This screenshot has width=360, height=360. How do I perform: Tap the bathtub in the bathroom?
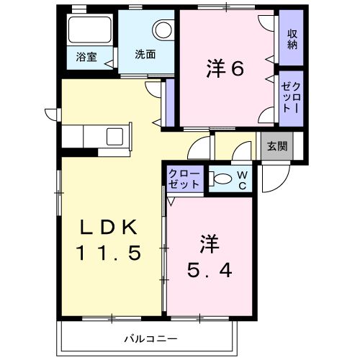click(88, 32)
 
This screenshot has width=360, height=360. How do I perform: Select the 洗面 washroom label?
click(144, 55)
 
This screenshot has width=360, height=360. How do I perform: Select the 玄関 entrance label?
click(276, 145)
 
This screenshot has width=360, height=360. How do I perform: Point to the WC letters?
click(243, 179)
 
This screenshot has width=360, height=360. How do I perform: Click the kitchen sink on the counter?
click(115, 135)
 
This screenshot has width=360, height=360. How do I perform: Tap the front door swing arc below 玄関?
click(272, 180)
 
